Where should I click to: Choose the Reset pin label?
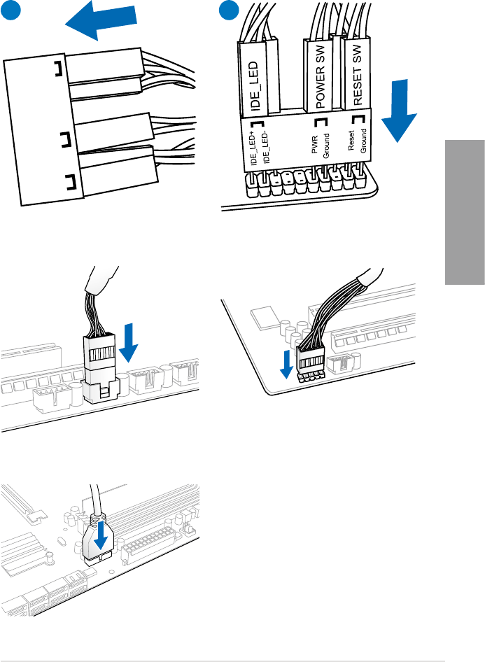click(x=353, y=143)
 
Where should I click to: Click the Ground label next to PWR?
click(x=326, y=145)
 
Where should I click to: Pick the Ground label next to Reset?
click(x=363, y=143)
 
